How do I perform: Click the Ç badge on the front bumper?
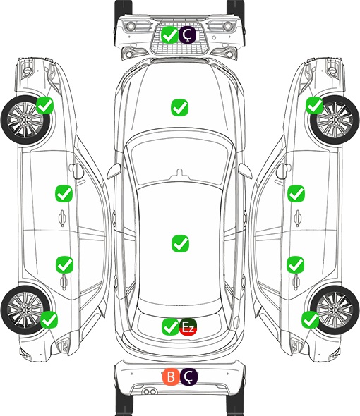(187, 35)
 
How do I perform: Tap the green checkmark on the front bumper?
(169, 35)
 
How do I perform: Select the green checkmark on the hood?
(179, 107)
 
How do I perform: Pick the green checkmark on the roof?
(180, 243)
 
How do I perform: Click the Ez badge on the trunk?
(188, 326)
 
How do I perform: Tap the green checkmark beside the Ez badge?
(170, 326)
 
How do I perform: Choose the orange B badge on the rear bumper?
(171, 377)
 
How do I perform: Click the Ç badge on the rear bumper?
(188, 377)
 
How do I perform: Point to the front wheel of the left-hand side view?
(25, 120)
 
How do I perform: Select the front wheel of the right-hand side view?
(335, 120)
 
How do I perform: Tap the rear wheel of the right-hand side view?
(335, 310)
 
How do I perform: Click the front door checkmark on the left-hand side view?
(64, 193)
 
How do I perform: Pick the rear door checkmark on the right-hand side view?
(296, 264)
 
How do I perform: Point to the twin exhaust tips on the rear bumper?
(150, 391)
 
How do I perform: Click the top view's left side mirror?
(114, 171)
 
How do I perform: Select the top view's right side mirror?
(245, 171)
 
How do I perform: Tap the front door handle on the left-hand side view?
(62, 218)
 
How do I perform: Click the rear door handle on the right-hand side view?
(296, 282)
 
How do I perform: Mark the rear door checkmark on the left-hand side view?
(64, 264)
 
